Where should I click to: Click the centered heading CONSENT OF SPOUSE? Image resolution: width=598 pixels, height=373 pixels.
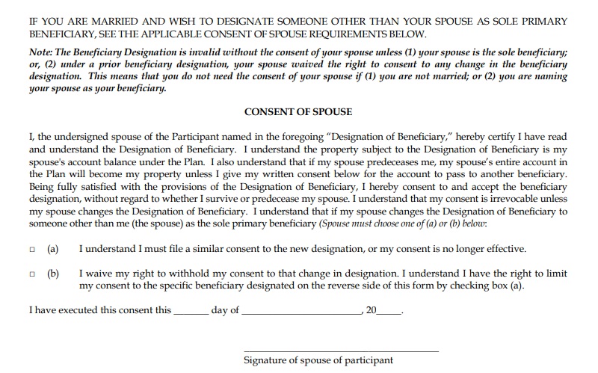pyautogui.click(x=298, y=112)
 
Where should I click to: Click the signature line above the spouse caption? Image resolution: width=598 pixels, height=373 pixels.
pyautogui.click(x=341, y=350)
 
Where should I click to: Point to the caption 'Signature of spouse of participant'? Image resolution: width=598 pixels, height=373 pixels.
pyautogui.click(x=318, y=360)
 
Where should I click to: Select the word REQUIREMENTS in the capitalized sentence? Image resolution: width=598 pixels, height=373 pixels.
pyautogui.click(x=341, y=34)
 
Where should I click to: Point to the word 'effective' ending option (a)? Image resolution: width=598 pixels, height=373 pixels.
pyautogui.click(x=505, y=248)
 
